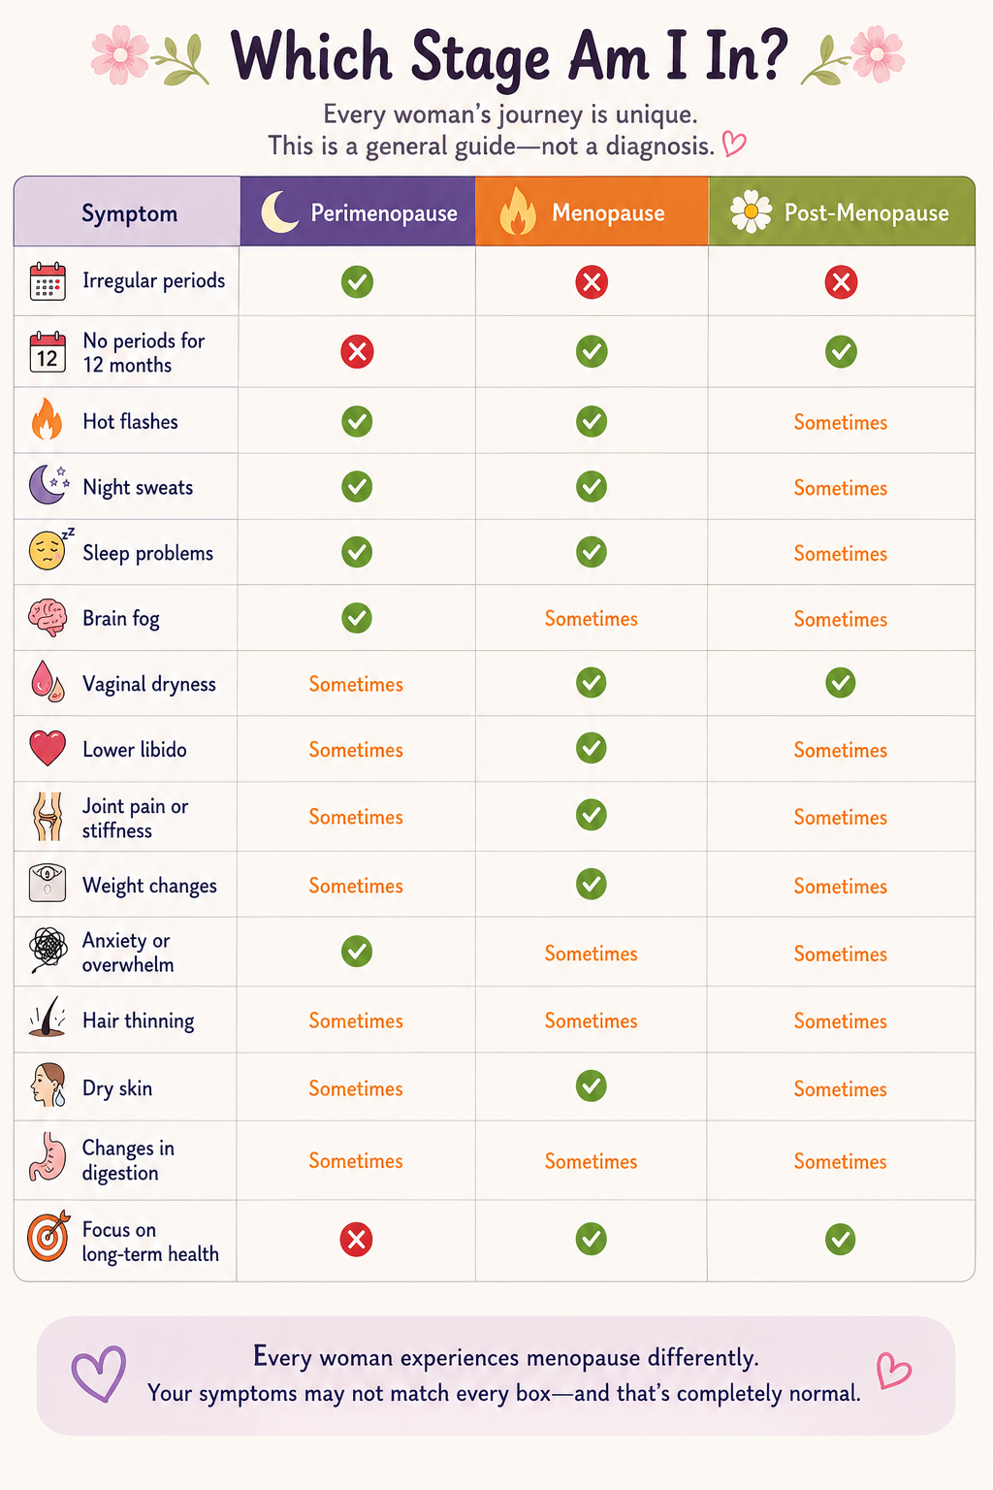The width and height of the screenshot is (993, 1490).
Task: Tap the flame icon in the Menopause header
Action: pyautogui.click(x=518, y=211)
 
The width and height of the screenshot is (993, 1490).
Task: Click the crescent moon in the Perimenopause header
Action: pyautogui.click(x=279, y=211)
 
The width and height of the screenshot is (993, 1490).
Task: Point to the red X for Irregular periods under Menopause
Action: pyautogui.click(x=592, y=282)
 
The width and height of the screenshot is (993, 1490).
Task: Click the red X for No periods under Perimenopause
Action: pyautogui.click(x=357, y=352)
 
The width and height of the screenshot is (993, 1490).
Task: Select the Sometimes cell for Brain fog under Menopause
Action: pyautogui.click(x=592, y=619)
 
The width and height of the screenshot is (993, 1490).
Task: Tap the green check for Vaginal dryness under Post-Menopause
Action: pyautogui.click(x=841, y=683)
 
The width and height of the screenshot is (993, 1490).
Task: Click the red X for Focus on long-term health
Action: pyautogui.click(x=357, y=1240)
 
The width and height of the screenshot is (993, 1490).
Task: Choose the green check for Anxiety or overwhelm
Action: pyautogui.click(x=357, y=952)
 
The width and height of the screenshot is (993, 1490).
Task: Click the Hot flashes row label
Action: pyautogui.click(x=130, y=422)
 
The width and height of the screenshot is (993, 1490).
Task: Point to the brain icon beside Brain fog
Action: pyautogui.click(x=48, y=618)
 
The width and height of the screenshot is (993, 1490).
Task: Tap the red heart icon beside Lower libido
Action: pyautogui.click(x=48, y=748)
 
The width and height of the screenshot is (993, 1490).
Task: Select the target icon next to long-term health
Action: pyautogui.click(x=48, y=1236)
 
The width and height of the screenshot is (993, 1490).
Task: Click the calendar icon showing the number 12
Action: pyautogui.click(x=48, y=352)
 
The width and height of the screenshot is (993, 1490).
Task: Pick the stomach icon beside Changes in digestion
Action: pyautogui.click(x=48, y=1157)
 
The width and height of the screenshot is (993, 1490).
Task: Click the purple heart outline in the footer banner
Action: pyautogui.click(x=99, y=1375)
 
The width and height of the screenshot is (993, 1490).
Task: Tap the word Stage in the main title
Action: pyautogui.click(x=481, y=58)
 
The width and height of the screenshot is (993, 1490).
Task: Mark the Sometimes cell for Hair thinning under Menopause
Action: pyautogui.click(x=592, y=1021)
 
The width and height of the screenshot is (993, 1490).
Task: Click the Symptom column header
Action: pyautogui.click(x=130, y=213)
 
